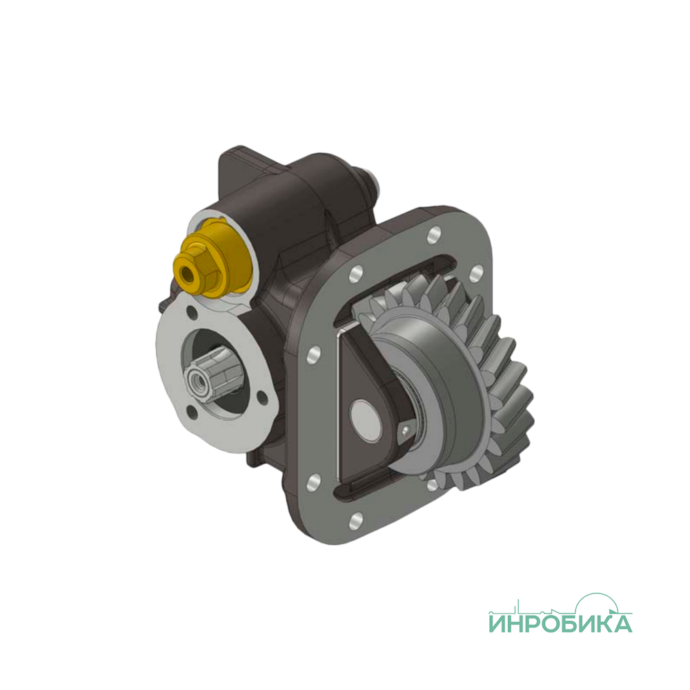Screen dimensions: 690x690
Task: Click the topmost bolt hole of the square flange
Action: click(x=433, y=235)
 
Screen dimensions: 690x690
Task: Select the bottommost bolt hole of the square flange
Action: click(x=355, y=520)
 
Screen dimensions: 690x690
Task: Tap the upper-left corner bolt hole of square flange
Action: click(x=355, y=274)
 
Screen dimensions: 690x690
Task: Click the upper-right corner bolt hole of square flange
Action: click(x=475, y=274)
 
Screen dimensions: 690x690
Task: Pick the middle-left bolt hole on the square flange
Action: click(x=315, y=355)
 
